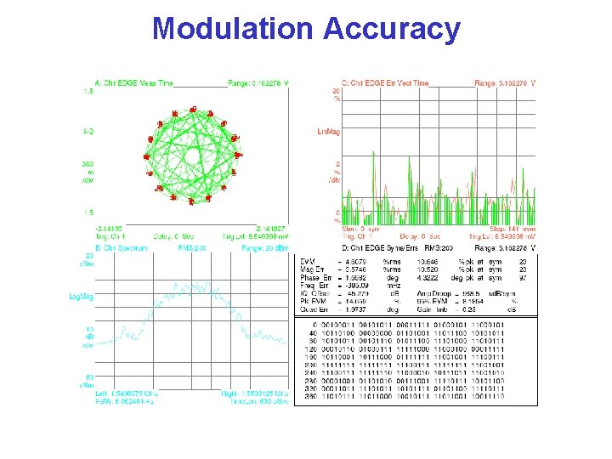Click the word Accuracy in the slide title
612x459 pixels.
(x=392, y=30)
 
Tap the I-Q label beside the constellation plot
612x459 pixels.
(x=88, y=132)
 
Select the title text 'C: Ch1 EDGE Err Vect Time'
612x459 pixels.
(x=390, y=83)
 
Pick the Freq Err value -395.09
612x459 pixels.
(x=356, y=286)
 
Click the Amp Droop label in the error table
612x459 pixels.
(x=442, y=293)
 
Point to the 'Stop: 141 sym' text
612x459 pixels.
(x=513, y=229)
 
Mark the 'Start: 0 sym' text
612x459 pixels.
(x=337, y=229)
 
